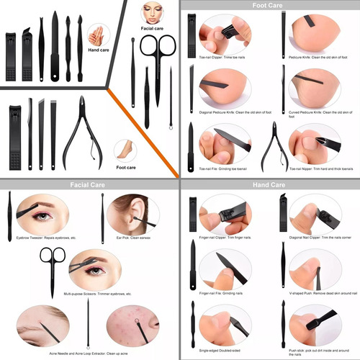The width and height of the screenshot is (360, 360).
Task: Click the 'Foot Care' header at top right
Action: tap(270, 6)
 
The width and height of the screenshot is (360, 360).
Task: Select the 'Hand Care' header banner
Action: tap(270, 185)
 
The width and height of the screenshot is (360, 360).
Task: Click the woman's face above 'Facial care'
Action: tap(152, 12)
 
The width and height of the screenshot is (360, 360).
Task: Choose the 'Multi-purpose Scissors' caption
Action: tap(98, 294)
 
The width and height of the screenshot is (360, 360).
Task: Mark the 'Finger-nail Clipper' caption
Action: tap(226, 238)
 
